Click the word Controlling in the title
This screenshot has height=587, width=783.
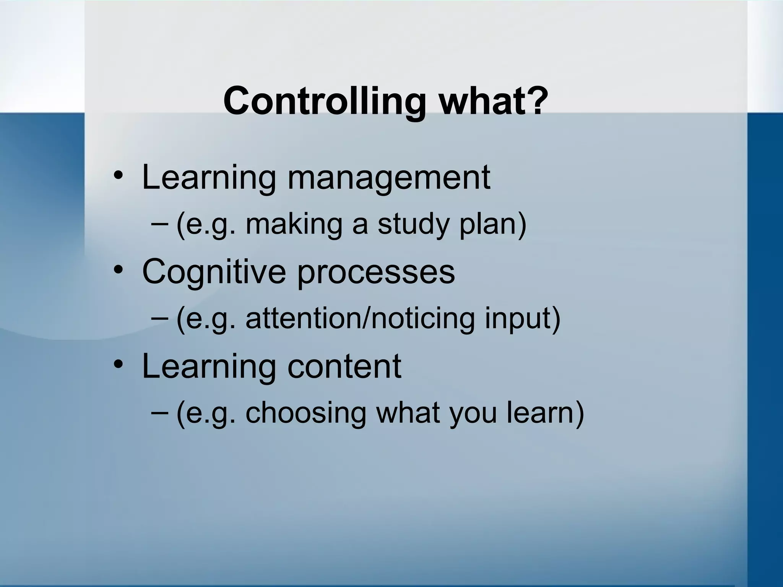click(324, 101)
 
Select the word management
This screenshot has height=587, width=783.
click(388, 178)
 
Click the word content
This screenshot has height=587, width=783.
click(344, 366)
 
